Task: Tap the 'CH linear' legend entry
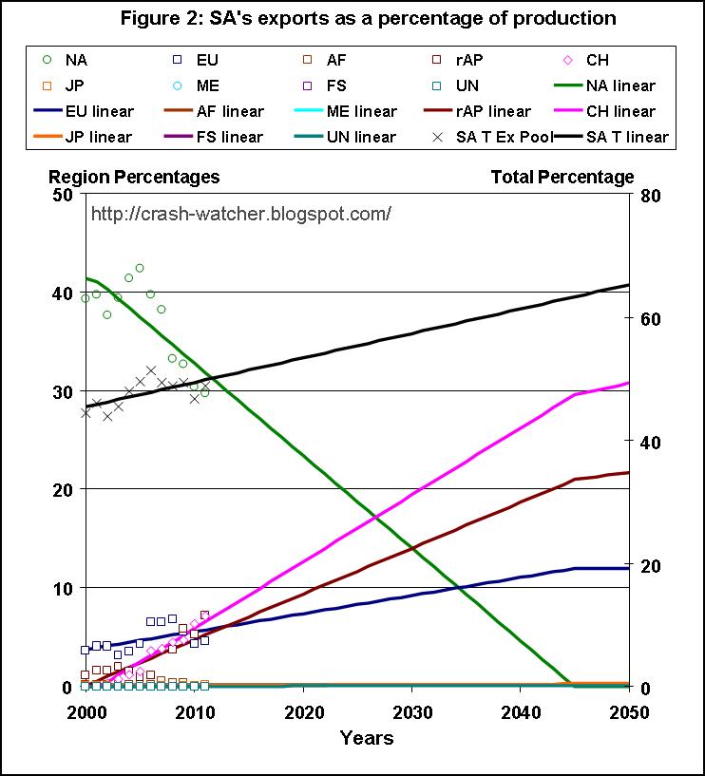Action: pos(615,111)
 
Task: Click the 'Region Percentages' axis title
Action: pos(134,177)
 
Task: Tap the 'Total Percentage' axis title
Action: pos(562,177)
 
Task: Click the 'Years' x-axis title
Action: pos(367,737)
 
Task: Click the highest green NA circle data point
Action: pos(140,268)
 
